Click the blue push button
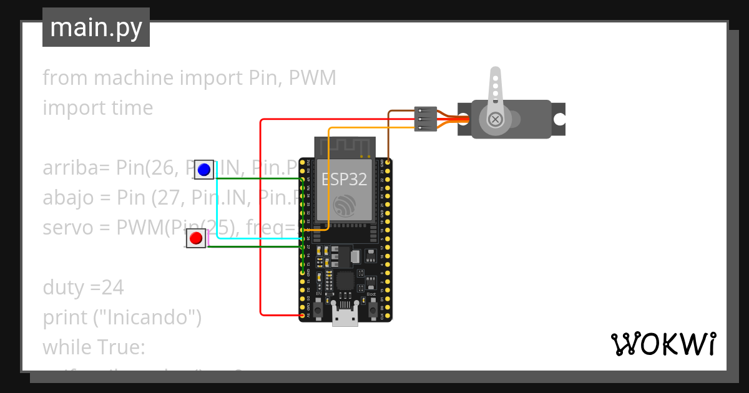(x=203, y=169)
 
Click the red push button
(x=196, y=238)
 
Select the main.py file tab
(x=96, y=27)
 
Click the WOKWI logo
(x=662, y=344)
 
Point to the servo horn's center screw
(x=495, y=119)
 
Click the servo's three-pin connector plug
(x=425, y=119)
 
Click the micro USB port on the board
(x=345, y=317)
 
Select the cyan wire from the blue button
(x=217, y=206)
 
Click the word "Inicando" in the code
(x=153, y=318)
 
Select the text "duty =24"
(x=83, y=288)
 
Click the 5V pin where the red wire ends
(x=303, y=315)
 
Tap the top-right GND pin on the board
(x=388, y=162)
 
